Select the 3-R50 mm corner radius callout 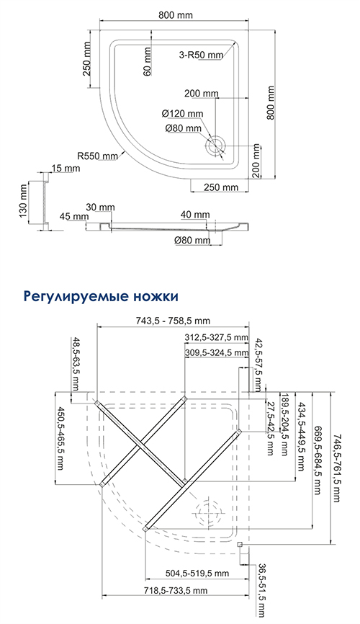coord(201,55)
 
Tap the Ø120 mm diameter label coord(183,114)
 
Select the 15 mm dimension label coord(66,169)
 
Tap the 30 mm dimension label coord(100,208)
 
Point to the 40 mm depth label coord(195,215)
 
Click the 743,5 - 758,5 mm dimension coord(174,321)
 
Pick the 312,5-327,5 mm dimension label coord(217,337)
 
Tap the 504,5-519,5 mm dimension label coord(197,573)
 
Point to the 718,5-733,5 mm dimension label coord(176,590)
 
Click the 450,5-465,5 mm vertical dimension coord(60,438)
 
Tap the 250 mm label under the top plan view coord(220,187)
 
